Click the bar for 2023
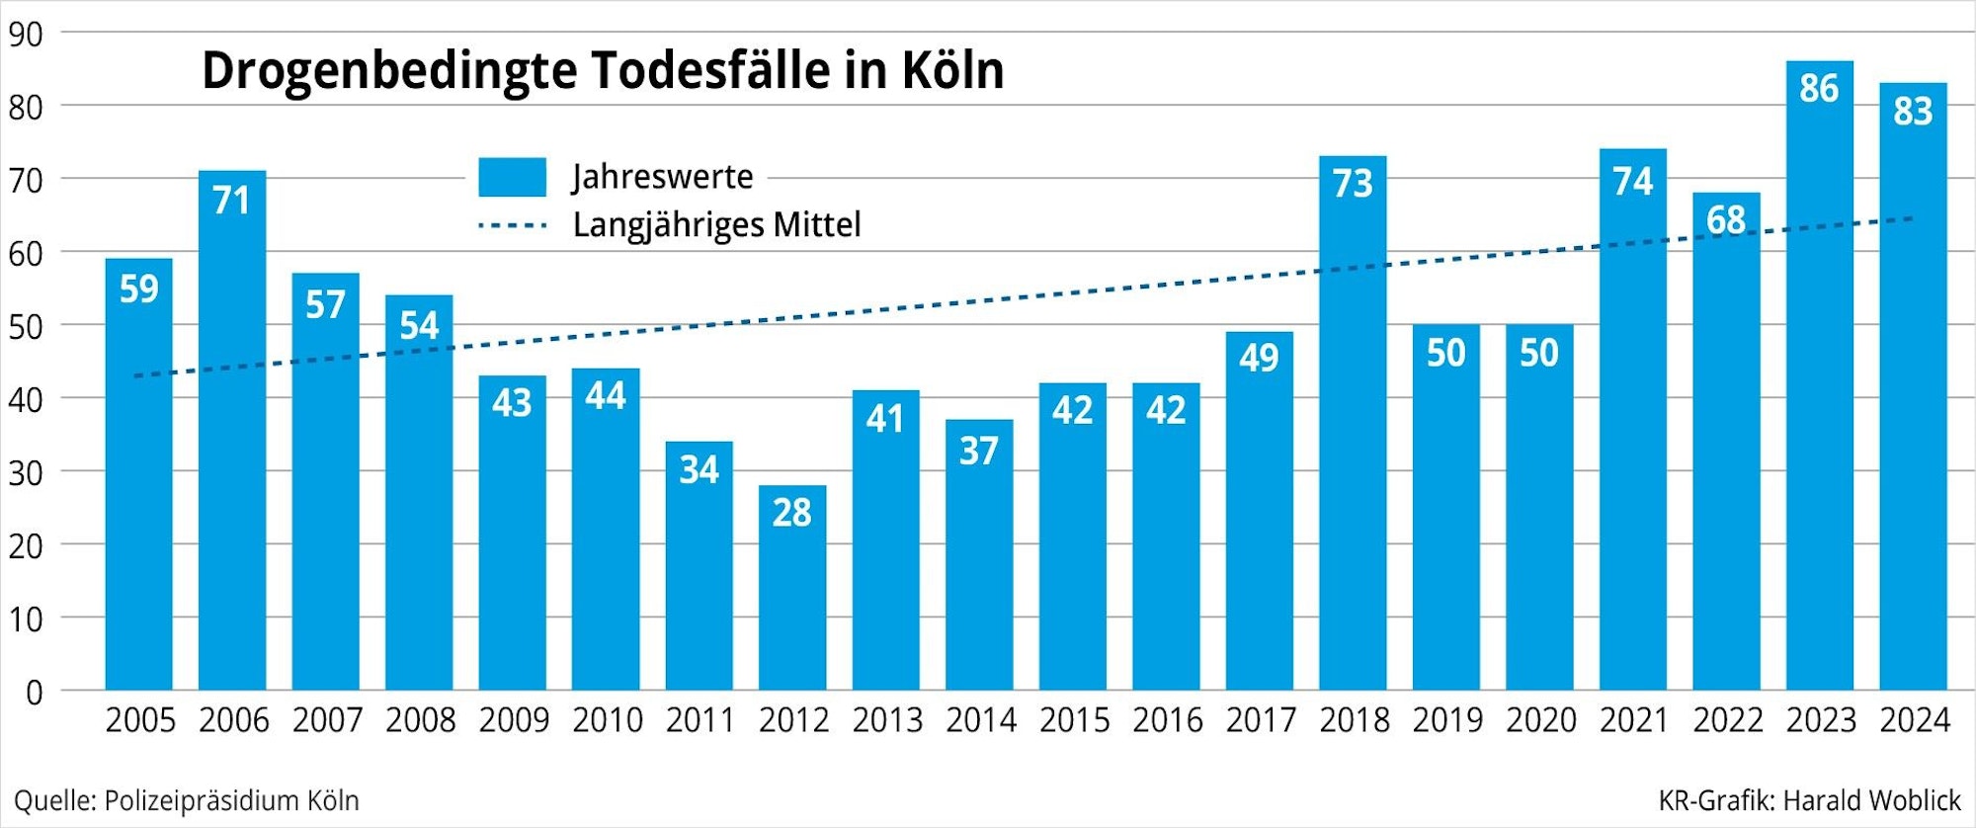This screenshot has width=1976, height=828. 1820,395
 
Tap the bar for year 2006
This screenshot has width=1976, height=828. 232,445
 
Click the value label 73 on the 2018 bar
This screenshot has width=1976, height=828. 1353,184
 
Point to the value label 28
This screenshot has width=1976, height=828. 792,513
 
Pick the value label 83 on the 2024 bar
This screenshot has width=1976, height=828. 1913,111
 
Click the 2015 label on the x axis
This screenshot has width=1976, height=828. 1074,720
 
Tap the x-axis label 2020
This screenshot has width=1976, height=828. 1540,720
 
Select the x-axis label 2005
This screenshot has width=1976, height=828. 140,720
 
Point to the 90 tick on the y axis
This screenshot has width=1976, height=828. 26,35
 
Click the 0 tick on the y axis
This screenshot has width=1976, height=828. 34,693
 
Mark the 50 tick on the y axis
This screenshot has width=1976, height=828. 26,327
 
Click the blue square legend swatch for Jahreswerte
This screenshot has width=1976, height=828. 512,177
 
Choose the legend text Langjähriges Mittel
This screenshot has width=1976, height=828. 716,225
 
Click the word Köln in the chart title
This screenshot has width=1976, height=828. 952,71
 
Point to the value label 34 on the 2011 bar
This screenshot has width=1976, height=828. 700,469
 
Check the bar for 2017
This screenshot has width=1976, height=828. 1260,524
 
